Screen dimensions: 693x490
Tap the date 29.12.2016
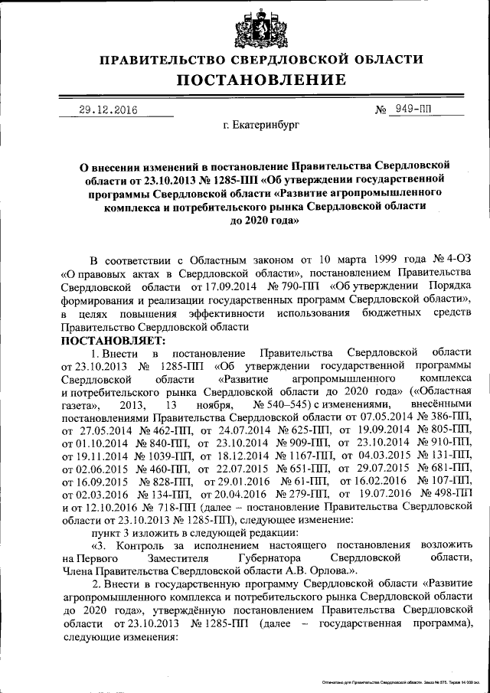[108, 110]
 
